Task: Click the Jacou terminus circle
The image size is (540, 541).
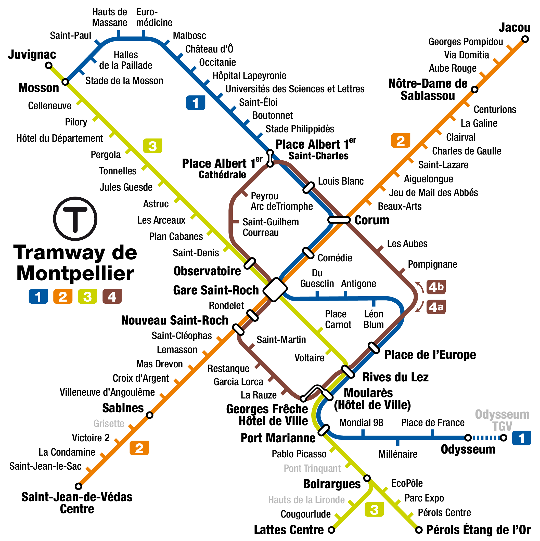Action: (x=525, y=39)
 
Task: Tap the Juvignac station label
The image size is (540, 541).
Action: (x=32, y=55)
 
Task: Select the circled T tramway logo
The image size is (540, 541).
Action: (x=75, y=219)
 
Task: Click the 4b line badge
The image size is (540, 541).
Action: (x=436, y=287)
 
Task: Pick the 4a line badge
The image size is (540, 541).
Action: (x=436, y=307)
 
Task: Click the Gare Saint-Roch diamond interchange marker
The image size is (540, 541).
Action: (x=275, y=290)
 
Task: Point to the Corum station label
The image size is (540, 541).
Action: (x=372, y=220)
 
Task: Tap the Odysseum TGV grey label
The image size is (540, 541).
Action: (x=502, y=420)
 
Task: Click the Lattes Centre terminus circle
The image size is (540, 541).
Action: (x=331, y=530)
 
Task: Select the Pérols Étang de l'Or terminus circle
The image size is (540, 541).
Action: (x=418, y=530)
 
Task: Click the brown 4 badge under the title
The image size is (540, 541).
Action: (x=112, y=297)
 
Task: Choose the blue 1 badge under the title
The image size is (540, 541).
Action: (x=38, y=297)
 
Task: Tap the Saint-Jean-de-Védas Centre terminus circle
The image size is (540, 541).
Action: (x=79, y=486)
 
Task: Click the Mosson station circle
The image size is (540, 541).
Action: (x=65, y=82)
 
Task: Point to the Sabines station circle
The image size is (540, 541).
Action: (x=150, y=415)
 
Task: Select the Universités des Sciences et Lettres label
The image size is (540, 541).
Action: (x=295, y=89)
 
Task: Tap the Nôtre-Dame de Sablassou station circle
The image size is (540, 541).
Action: (x=474, y=89)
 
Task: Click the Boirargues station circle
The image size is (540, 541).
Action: (x=367, y=478)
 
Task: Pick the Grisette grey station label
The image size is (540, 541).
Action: (x=109, y=424)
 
